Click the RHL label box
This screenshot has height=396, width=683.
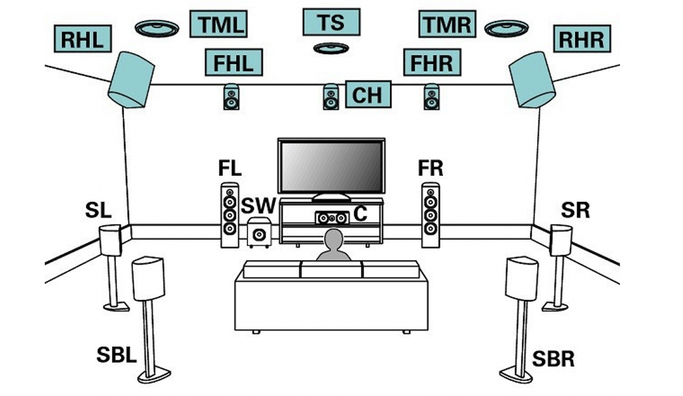point(83,39)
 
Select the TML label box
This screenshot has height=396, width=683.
point(218,24)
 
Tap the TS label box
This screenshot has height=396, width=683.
point(331,22)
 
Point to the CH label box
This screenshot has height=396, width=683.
point(368,94)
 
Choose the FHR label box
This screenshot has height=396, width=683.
point(432,63)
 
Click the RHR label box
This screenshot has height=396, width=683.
point(582,39)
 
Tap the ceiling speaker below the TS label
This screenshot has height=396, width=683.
point(331,48)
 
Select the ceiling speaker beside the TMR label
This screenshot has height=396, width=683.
point(506,29)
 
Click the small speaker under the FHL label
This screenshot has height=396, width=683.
point(231,97)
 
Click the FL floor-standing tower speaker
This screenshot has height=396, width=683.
point(230,215)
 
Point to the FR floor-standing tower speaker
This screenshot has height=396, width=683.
point(430,215)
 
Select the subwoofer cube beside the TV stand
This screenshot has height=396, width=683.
point(259,233)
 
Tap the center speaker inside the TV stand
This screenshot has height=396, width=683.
point(332,218)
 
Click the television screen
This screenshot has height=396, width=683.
point(331,167)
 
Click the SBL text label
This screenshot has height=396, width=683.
point(116,355)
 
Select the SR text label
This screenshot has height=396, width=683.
point(575,210)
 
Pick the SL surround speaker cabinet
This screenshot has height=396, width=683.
point(110,240)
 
